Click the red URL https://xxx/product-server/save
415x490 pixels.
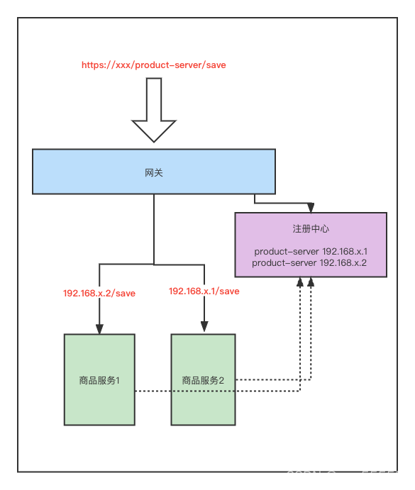pyautogui.click(x=154, y=65)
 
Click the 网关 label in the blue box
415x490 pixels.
pyautogui.click(x=154, y=172)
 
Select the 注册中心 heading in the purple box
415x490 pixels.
pyautogui.click(x=311, y=229)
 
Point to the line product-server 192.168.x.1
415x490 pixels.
pyautogui.click(x=311, y=252)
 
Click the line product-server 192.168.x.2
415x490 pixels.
pyautogui.click(x=311, y=262)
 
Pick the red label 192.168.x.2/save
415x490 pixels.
pyautogui.click(x=99, y=293)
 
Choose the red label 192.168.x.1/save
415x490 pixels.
pyautogui.click(x=204, y=291)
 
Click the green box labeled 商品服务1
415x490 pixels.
pyautogui.click(x=99, y=355)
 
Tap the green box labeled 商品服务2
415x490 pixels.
pyautogui.click(x=204, y=355)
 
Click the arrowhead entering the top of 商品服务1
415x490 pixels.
pyautogui.click(x=99, y=328)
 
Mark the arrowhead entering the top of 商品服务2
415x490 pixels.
pyautogui.click(x=204, y=328)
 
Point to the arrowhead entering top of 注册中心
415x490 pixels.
pyautogui.click(x=310, y=208)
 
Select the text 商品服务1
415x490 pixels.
pyautogui.click(x=99, y=380)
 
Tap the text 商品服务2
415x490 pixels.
pyautogui.click(x=204, y=380)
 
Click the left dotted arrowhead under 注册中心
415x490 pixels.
pyautogui.click(x=301, y=282)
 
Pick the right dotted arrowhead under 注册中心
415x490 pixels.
pyautogui.click(x=310, y=282)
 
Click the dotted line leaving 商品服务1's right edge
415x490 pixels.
pyautogui.click(x=153, y=391)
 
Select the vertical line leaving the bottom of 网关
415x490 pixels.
pyautogui.click(x=154, y=227)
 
